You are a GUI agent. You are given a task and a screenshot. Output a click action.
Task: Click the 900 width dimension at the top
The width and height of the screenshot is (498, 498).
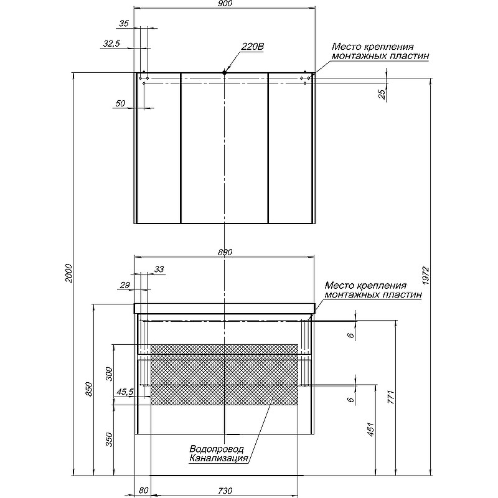tap(225, 4)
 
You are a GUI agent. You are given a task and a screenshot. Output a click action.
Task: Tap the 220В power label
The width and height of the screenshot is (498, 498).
tap(253, 46)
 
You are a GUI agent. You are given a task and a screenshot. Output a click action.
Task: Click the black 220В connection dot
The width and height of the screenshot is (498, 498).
tap(224, 73)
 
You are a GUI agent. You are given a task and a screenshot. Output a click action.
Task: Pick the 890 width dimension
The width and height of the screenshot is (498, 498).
tap(225, 252)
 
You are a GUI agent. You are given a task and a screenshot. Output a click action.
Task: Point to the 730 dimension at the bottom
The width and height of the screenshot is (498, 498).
tap(225, 491)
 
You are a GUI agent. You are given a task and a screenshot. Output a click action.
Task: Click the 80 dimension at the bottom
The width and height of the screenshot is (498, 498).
tap(144, 491)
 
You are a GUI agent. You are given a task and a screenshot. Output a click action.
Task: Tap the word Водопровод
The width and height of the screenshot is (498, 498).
tap(217, 449)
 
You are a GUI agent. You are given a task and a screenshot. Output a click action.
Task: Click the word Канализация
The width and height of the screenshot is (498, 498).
tap(220, 459)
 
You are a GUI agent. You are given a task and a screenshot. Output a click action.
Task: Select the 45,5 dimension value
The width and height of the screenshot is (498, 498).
tap(125, 392)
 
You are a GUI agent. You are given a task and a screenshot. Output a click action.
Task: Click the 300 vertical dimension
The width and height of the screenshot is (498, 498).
tap(110, 374)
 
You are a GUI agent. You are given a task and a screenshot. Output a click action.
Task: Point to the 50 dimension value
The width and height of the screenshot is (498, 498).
tap(121, 103)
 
